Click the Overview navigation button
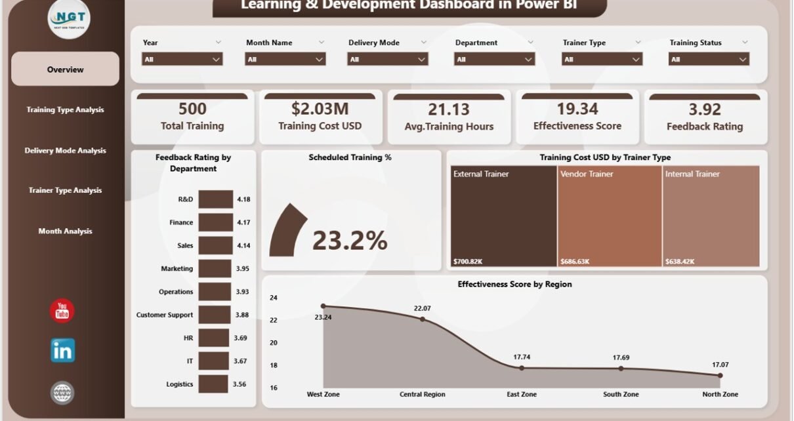[65, 70]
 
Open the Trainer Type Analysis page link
[65, 191]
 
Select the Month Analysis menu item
[65, 231]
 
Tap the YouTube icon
[62, 310]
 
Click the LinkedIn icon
[62, 351]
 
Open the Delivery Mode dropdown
[387, 59]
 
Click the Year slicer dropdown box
[182, 59]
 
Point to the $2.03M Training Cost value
[320, 109]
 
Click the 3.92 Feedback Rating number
[705, 110]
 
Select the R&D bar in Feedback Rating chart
[215, 199]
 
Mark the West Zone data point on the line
[323, 306]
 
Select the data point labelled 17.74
[522, 368]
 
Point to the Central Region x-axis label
[422, 395]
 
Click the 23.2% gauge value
[349, 241]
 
